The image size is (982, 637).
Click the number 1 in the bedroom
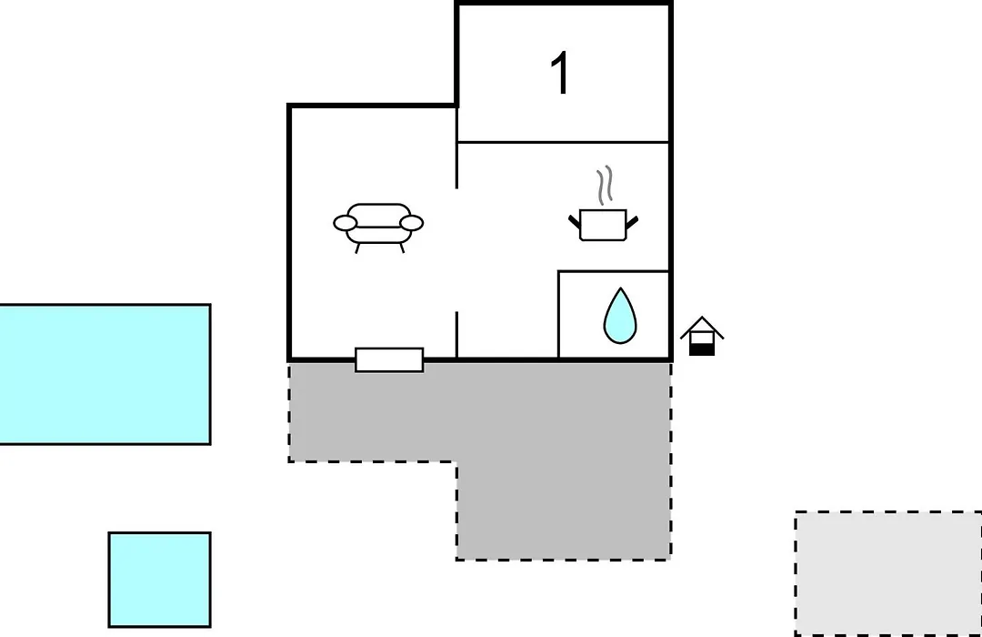coord(560,74)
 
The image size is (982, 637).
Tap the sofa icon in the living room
coord(378,227)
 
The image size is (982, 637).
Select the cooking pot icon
coord(603,225)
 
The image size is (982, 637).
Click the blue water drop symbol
coord(620,316)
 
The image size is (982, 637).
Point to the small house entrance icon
coord(702,336)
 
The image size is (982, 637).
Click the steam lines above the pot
coord(605,185)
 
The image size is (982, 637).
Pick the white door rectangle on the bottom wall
coord(389,359)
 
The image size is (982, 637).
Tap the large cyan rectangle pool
coord(105,374)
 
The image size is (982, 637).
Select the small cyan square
coord(160,580)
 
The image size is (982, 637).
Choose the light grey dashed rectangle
coord(888,573)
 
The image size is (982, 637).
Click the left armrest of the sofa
coord(346,223)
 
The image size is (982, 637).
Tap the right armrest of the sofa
coord(412,223)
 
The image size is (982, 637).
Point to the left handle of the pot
coord(575,221)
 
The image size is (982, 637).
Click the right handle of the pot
coord(632,221)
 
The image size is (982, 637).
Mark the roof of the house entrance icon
coord(702,325)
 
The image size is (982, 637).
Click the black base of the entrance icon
coord(702,349)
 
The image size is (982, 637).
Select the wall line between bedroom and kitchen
coord(564,142)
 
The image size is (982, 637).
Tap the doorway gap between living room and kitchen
coord(457,249)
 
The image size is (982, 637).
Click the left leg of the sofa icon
coord(357,248)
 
